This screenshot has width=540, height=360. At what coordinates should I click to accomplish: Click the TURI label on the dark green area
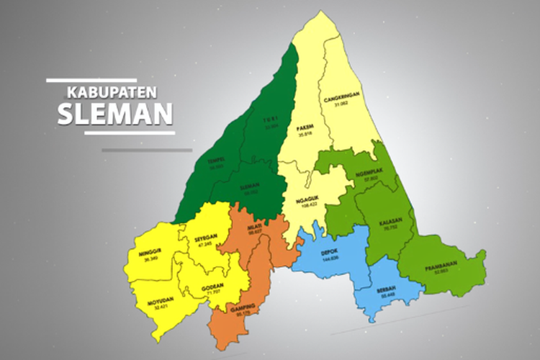pos(271,120)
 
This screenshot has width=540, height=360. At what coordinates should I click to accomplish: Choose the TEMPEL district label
pos(215,161)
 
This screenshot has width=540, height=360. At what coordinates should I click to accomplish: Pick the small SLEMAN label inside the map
pos(250,185)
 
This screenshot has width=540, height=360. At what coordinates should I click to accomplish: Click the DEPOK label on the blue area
pos(330,252)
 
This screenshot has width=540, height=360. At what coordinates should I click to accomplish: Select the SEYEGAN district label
pos(206,238)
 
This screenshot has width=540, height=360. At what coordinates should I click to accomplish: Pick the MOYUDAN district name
pos(161,301)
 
